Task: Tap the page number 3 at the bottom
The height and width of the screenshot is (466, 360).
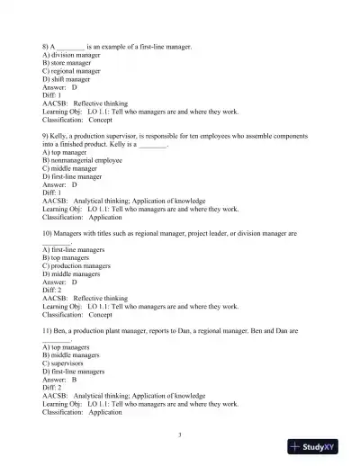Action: pos(180,435)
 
